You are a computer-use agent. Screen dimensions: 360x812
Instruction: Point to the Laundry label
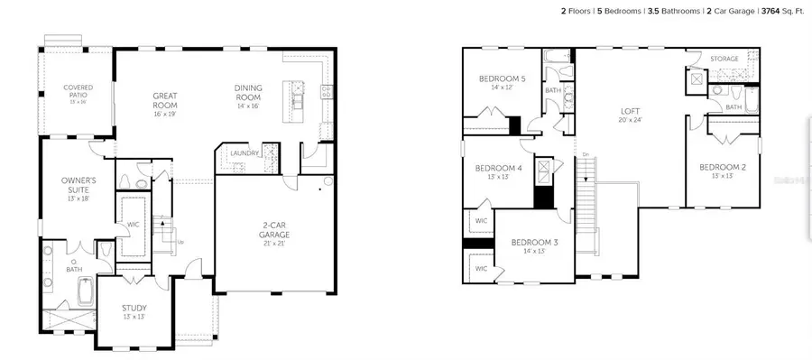coord(245,153)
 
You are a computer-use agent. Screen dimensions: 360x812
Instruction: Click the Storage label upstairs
coord(724,60)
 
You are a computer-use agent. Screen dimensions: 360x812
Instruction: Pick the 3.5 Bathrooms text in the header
coord(661,12)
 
